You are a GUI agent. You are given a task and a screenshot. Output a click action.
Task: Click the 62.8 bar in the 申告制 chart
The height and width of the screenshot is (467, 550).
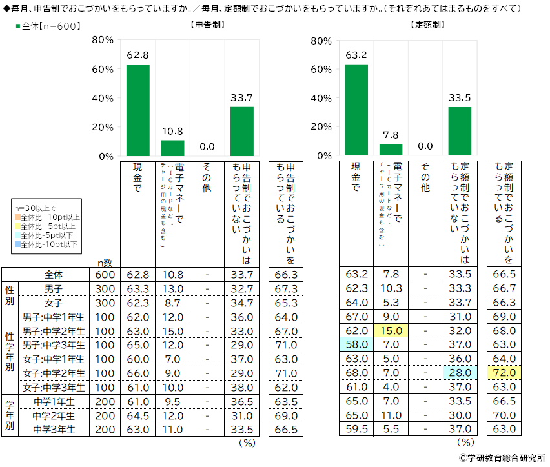click(x=137, y=110)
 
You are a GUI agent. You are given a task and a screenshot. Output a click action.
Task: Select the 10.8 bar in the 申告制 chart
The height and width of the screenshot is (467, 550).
click(x=172, y=148)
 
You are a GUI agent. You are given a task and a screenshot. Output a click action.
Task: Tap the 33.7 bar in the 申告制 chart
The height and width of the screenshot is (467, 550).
click(x=242, y=132)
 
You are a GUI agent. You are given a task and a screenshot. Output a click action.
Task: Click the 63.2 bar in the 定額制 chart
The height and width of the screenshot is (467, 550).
click(x=356, y=110)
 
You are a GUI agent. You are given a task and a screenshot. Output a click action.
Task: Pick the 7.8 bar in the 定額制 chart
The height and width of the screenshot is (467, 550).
click(x=391, y=150)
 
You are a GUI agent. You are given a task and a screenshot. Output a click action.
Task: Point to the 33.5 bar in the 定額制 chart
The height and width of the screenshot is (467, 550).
click(x=460, y=132)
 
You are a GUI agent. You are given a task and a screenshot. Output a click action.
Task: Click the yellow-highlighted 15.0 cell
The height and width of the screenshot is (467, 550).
click(x=391, y=330)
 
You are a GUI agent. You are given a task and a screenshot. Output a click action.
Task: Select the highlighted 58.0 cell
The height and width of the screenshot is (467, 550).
click(x=356, y=344)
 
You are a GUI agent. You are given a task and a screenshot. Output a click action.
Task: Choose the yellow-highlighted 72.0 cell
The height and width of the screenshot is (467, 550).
click(x=504, y=373)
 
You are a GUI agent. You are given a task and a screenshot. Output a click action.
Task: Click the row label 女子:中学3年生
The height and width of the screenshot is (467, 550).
click(x=54, y=387)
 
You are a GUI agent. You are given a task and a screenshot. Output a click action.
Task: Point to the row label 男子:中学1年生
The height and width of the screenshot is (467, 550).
click(x=54, y=316)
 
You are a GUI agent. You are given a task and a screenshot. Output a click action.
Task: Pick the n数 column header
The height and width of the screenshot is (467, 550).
click(x=105, y=263)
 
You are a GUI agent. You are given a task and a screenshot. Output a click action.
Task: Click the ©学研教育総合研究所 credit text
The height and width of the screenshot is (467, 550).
click(x=501, y=457)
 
